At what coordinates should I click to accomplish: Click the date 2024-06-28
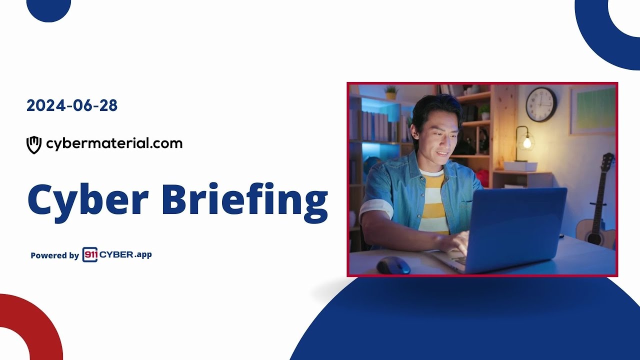point(72,105)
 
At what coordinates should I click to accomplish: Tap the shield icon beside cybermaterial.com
point(33,144)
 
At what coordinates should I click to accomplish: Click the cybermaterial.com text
point(114,144)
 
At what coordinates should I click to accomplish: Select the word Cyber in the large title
point(88,199)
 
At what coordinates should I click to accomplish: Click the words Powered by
point(54,255)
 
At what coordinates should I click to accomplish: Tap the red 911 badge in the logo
point(90,254)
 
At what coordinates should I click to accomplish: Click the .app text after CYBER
point(143,254)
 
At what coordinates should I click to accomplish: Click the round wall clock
point(541,104)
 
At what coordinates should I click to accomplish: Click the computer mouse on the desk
point(393,265)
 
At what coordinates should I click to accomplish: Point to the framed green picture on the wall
point(593,109)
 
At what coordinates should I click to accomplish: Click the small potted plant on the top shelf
point(391,92)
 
